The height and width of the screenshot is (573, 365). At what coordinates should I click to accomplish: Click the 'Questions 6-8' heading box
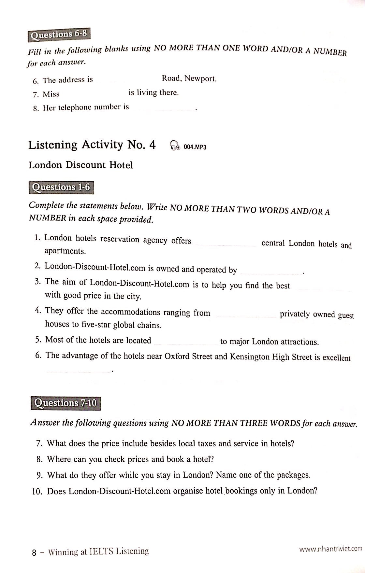(x=59, y=35)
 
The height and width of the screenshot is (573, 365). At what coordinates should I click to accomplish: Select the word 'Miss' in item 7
(x=51, y=94)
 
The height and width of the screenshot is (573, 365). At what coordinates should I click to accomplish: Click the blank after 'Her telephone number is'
(x=163, y=108)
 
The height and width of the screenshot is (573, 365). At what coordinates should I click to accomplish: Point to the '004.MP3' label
(x=195, y=147)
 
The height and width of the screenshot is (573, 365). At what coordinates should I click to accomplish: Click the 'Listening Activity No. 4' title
(x=92, y=145)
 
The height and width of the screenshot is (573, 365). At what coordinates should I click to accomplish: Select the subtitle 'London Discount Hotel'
(x=81, y=165)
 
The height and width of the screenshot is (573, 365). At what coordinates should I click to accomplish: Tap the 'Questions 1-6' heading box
(x=61, y=188)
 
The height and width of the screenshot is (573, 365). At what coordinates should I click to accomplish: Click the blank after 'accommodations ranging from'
(x=245, y=314)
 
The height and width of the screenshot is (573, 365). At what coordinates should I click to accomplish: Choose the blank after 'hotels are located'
(x=185, y=342)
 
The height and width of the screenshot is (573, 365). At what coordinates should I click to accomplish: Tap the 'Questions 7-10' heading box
(x=66, y=403)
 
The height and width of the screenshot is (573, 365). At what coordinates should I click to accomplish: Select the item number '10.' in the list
(x=37, y=491)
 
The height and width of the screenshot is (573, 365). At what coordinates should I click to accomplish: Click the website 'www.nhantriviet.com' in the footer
(x=330, y=549)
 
